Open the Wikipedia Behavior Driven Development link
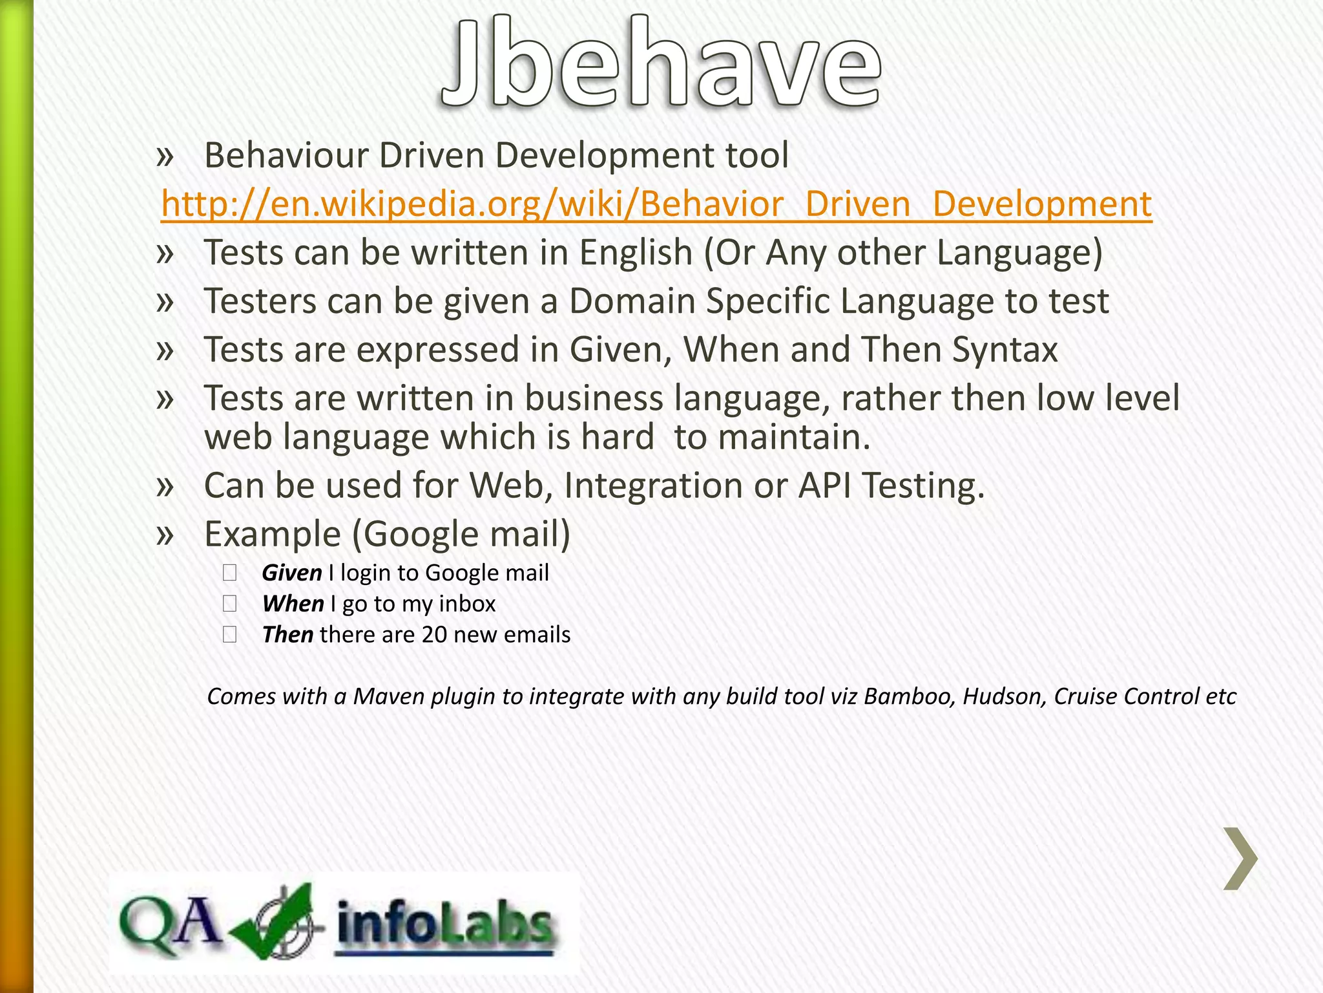point(656,204)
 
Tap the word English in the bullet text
point(636,253)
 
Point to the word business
point(593,398)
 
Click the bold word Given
point(291,573)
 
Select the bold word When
point(293,604)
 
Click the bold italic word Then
point(287,635)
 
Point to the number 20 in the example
point(434,635)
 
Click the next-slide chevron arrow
point(1240,859)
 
